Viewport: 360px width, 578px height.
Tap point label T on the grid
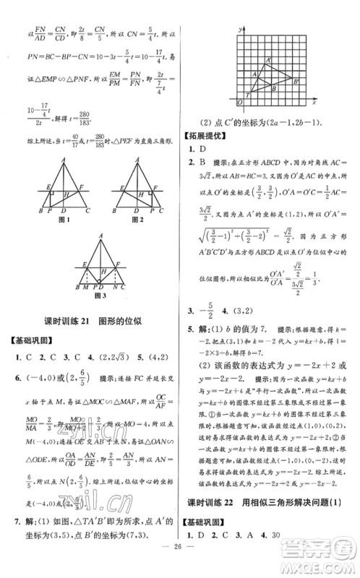coord(248,94)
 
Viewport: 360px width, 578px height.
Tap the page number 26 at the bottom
coord(179,564)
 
